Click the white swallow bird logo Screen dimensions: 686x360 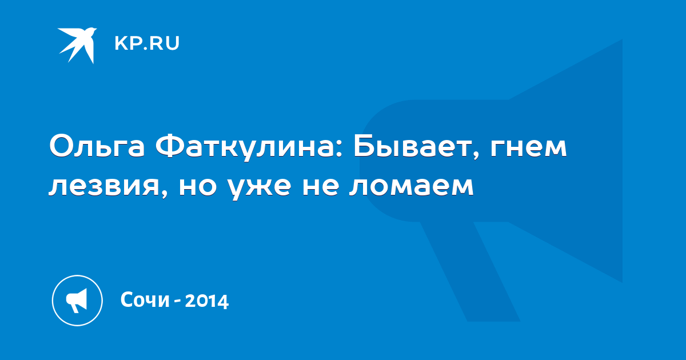pyautogui.click(x=77, y=45)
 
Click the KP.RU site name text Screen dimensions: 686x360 pyautogui.click(x=147, y=43)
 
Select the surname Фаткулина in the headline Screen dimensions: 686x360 pyautogui.click(x=245, y=147)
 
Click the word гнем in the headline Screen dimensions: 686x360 pyautogui.click(x=528, y=148)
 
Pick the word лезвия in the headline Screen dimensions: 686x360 pyautogui.click(x=105, y=186)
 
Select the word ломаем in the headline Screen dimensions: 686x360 pyautogui.click(x=411, y=186)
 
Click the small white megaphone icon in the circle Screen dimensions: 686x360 pyautogui.click(x=77, y=301)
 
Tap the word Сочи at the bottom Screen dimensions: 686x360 pyautogui.click(x=145, y=299)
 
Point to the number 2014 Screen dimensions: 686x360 pyautogui.click(x=207, y=301)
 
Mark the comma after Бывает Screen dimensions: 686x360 pyautogui.click(x=476, y=155)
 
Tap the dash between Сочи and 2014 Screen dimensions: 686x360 pyautogui.click(x=177, y=301)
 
